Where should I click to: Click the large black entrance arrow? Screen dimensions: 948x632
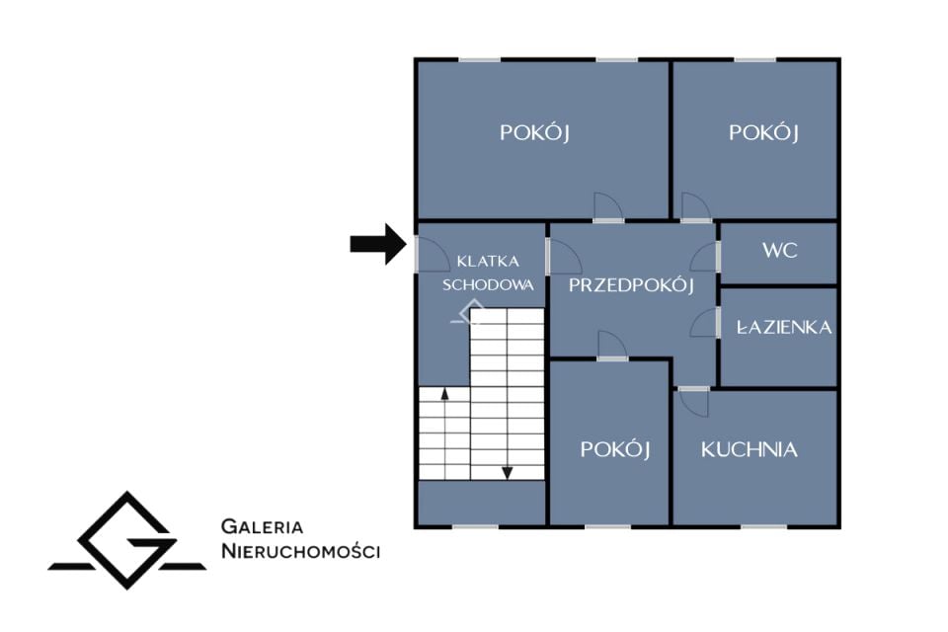point(378,244)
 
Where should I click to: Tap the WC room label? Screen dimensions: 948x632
point(779,251)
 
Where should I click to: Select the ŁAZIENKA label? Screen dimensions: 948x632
point(784,328)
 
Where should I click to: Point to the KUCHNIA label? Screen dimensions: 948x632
point(750,449)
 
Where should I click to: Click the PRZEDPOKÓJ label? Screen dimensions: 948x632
point(631,284)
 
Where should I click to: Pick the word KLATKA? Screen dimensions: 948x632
point(488,262)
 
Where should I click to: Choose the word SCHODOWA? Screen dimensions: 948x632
point(488,284)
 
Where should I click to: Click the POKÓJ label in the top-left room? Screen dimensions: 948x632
point(534,132)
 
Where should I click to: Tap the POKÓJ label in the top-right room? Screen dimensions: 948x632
point(763,132)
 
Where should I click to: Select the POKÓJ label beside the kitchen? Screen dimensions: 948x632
point(615,449)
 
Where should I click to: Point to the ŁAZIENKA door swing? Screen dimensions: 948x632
point(705,323)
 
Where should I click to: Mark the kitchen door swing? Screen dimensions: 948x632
point(693,402)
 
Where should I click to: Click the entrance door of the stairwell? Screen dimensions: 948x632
point(432,254)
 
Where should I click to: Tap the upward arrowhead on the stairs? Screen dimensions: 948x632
point(445,394)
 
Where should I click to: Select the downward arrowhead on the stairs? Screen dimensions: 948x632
point(508,473)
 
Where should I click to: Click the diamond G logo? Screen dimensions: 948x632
point(127,540)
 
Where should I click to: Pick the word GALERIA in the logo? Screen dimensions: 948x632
point(262,526)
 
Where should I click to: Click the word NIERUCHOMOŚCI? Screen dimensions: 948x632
point(300,552)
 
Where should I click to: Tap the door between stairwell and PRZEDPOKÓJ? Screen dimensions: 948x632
point(564,257)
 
